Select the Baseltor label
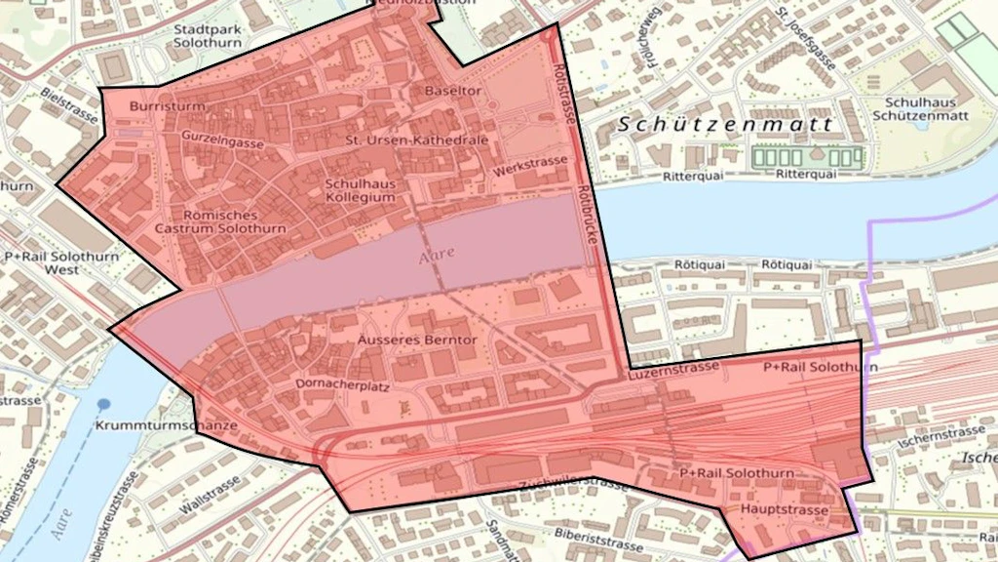[453, 91]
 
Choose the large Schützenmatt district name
[727, 125]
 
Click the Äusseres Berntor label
[415, 341]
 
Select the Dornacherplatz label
[336, 384]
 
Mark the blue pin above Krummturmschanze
[104, 403]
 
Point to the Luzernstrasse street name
[675, 369]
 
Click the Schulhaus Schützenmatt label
[927, 109]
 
